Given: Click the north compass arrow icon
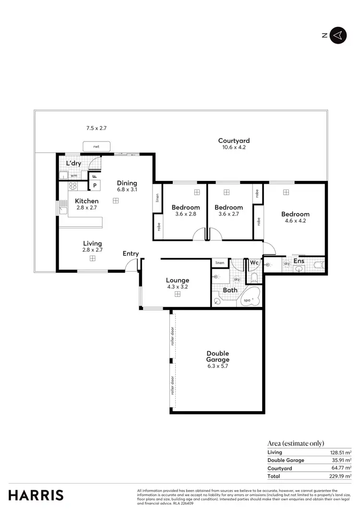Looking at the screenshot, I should point(338,35).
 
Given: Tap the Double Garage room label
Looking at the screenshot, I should point(217,356).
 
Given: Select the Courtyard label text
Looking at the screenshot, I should point(234,141).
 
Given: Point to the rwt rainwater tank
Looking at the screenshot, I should point(96,146).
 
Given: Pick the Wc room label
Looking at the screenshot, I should point(254,263).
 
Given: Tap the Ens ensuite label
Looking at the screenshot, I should point(299,261).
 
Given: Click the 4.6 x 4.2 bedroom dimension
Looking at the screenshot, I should point(295,221).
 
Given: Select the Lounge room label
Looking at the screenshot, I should point(178,280).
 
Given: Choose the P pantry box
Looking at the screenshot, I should point(95,185).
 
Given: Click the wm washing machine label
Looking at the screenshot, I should point(74,176).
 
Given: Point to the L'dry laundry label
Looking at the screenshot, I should point(73,164).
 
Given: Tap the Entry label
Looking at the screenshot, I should point(131,254).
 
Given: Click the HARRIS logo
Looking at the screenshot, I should point(36,495).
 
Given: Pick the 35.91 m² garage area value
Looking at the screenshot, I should point(341,460).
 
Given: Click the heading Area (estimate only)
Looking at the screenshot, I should point(296,443).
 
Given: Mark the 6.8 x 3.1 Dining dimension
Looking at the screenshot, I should point(127,189).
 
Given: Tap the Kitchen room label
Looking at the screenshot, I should point(86,201).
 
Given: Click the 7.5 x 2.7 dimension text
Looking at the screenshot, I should point(96,128).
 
